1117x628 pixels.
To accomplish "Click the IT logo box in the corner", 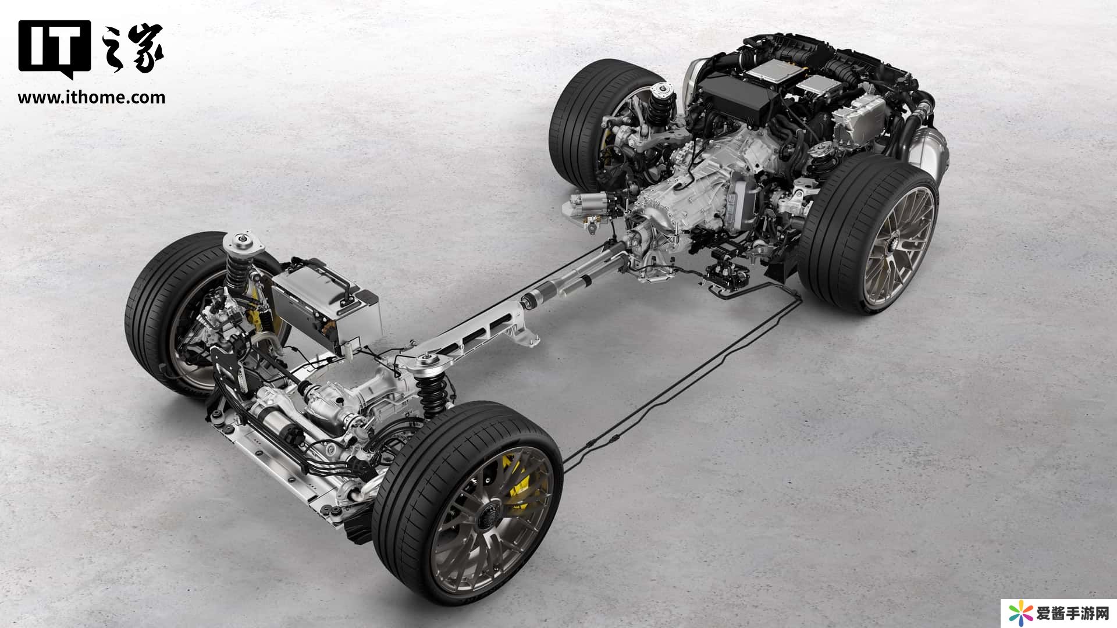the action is [x=54, y=50].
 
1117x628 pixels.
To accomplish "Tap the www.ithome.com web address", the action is [x=91, y=97].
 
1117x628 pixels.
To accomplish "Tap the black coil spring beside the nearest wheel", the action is [x=433, y=395].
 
